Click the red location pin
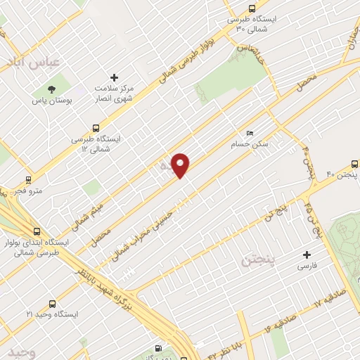coord(181,165)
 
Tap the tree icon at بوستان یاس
coord(51,88)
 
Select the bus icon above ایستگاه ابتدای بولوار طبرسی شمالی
coord(37,231)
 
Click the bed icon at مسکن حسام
coord(250,133)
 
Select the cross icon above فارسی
coord(306,255)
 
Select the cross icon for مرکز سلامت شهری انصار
coord(115,77)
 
